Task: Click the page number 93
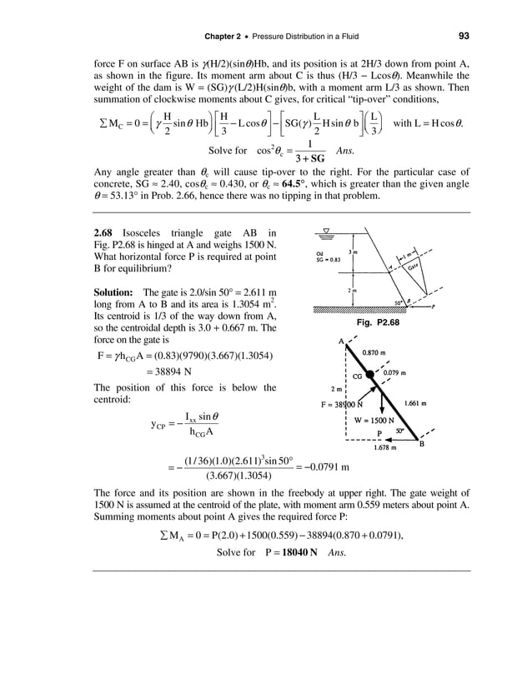464,35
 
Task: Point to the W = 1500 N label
374,420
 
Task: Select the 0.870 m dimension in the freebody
376,352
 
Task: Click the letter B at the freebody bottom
421,444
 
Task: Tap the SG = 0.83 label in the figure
318,260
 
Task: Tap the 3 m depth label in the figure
353,252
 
